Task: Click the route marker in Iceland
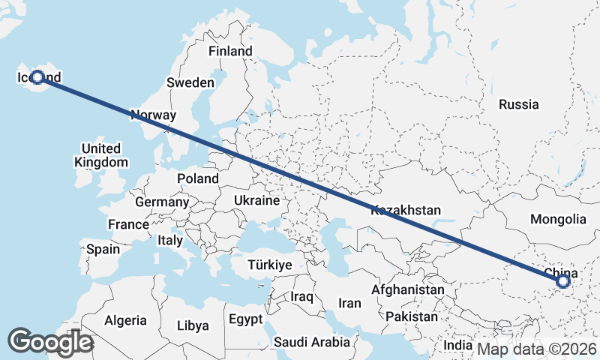click(x=37, y=76)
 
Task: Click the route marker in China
click(x=563, y=281)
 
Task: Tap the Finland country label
click(x=230, y=52)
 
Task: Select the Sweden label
click(x=190, y=82)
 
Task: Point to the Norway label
click(x=153, y=115)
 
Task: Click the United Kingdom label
click(x=101, y=155)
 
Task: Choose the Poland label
click(x=198, y=178)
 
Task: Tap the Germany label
click(x=162, y=202)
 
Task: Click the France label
click(x=128, y=224)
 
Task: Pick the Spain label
click(x=103, y=249)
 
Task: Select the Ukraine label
click(x=256, y=201)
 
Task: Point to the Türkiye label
click(x=269, y=265)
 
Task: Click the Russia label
click(x=518, y=104)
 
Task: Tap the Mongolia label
click(x=558, y=220)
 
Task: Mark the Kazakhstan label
click(x=406, y=211)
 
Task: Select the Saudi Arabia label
click(x=311, y=343)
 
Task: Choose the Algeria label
click(x=125, y=320)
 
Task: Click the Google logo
click(x=50, y=342)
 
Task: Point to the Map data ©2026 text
click(x=537, y=349)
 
